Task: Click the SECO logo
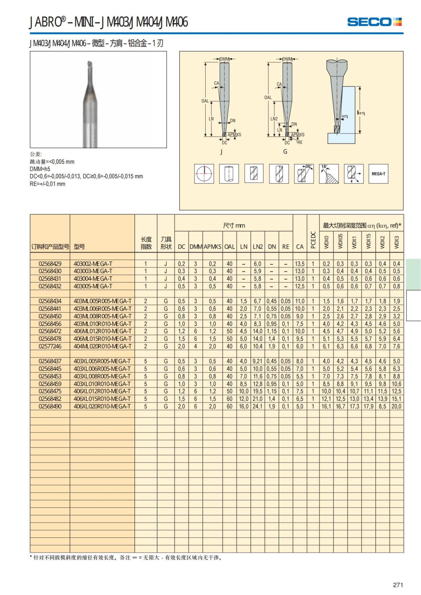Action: pos(374,22)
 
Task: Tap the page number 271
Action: pos(398,585)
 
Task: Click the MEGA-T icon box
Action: pos(378,174)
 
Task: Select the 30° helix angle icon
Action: pos(304,174)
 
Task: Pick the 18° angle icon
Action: pos(329,174)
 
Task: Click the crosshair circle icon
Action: pos(204,174)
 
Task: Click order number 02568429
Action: pos(50,264)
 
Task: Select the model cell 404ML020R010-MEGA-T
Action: pos(102,346)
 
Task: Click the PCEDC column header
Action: pos(313,240)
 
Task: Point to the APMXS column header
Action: pos(213,246)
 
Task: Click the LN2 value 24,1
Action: pos(258,406)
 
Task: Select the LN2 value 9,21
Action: pos(258,361)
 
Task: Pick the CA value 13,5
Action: pos(300,264)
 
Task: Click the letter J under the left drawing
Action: pos(221,152)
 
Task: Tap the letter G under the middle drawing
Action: pos(285,151)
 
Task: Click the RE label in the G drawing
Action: pos(300,142)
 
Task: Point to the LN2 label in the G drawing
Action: pos(274,119)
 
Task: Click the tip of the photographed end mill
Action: pos(89,64)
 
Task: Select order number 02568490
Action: pos(50,406)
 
